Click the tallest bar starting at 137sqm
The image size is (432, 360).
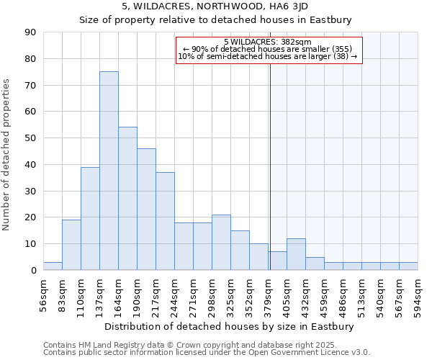click(109, 171)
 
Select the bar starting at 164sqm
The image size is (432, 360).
click(127, 199)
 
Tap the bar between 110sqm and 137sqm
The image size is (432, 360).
click(90, 218)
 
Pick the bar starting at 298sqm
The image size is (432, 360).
click(221, 243)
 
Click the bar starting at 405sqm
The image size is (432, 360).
click(296, 254)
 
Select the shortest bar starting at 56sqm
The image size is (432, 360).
click(53, 266)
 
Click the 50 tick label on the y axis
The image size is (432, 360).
click(30, 138)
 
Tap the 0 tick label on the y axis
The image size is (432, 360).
click(33, 271)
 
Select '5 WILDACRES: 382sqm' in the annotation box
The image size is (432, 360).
click(267, 42)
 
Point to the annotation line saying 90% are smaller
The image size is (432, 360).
click(267, 50)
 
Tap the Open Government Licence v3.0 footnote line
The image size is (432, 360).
click(207, 353)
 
